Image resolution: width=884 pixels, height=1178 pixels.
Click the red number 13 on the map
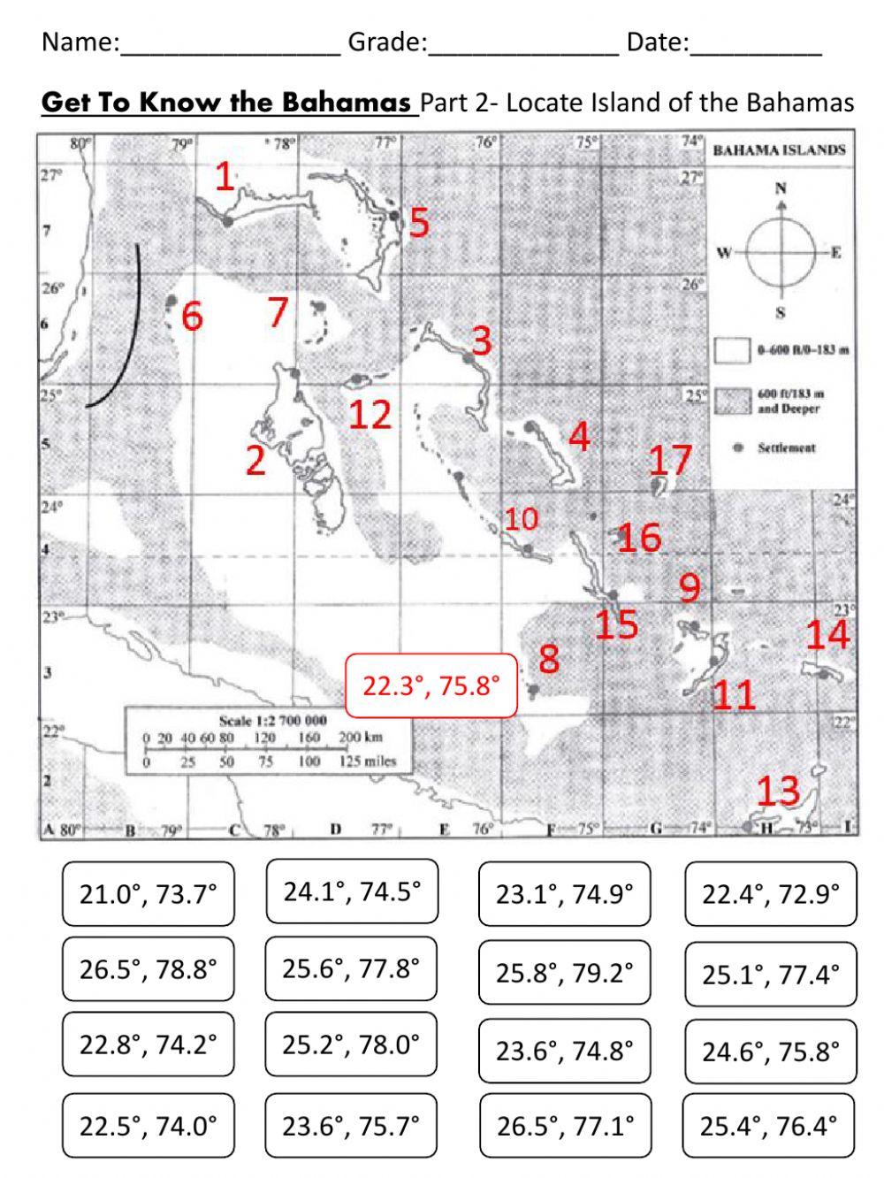(778, 791)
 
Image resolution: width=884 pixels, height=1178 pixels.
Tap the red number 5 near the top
(419, 223)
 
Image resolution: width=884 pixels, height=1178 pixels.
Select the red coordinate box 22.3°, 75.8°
(431, 685)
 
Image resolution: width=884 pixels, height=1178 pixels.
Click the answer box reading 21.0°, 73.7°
(149, 894)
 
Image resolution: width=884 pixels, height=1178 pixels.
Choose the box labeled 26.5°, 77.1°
(565, 1126)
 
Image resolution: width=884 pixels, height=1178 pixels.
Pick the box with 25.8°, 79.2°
(565, 973)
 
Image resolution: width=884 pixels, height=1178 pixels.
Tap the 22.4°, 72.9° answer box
(770, 894)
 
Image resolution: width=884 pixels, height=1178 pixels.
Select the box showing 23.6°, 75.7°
(351, 1126)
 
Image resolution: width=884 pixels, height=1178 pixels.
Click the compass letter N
(781, 187)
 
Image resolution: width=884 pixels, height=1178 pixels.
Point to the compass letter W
(723, 253)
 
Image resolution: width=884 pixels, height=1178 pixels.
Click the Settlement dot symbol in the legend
(738, 448)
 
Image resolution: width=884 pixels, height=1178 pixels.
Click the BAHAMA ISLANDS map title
(779, 150)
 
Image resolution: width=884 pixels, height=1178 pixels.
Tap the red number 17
(669, 460)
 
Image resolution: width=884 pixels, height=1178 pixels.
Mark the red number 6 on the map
(192, 316)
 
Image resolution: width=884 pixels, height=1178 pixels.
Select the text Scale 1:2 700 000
(272, 721)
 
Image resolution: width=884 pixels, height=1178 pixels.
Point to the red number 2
(255, 460)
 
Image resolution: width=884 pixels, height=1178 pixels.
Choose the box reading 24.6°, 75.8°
(770, 1052)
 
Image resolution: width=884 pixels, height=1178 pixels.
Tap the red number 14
(827, 634)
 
